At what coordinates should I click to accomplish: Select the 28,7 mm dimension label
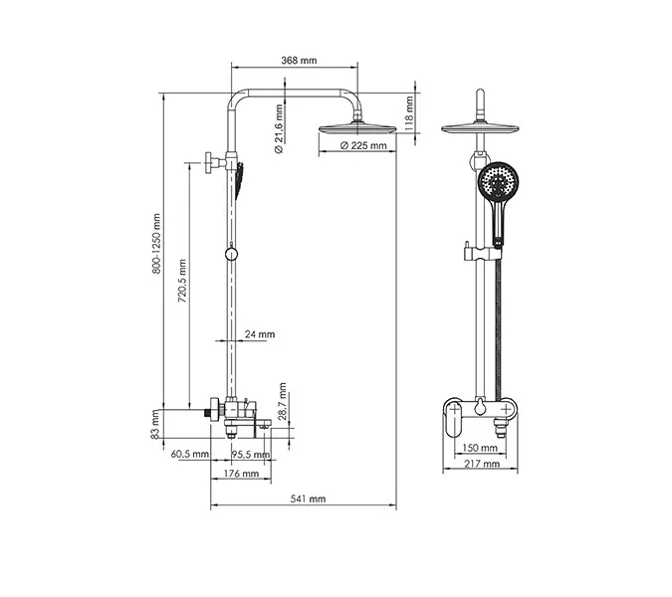pyautogui.click(x=283, y=400)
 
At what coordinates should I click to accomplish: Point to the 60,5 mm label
pyautogui.click(x=190, y=455)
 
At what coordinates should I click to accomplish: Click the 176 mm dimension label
pyautogui.click(x=242, y=474)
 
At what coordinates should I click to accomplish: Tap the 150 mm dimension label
pyautogui.click(x=481, y=448)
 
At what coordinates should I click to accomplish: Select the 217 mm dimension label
pyautogui.click(x=481, y=466)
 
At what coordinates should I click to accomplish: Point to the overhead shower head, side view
pyautogui.click(x=351, y=128)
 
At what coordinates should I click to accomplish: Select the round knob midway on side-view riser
pyautogui.click(x=231, y=255)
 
